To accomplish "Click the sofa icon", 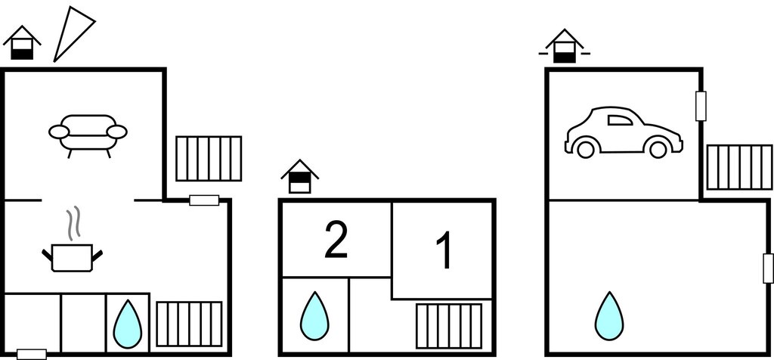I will click(88, 134).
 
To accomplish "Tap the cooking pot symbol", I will click(73, 257).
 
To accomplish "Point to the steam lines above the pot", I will click(73, 225).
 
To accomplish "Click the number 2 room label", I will click(336, 240).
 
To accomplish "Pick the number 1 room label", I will click(445, 251).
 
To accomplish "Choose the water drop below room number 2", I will click(314, 315).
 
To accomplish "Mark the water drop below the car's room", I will click(609, 315).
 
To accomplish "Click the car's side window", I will click(620, 119).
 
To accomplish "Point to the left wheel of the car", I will click(585, 149).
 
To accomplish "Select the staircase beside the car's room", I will click(739, 167).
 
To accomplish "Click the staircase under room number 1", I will click(449, 326).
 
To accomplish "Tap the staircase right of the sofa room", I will click(209, 159).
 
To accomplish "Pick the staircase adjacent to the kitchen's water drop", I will click(189, 324).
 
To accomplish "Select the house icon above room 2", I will click(300, 177).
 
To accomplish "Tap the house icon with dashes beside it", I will click(564, 47).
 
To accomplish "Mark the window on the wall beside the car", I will click(701, 106).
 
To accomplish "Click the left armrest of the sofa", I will click(59, 132).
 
